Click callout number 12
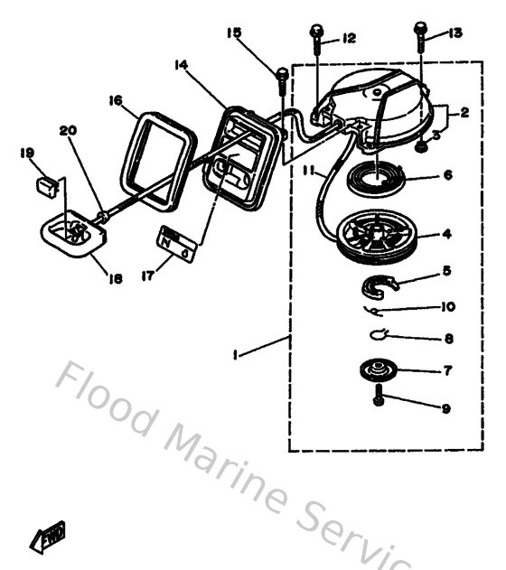point(349,39)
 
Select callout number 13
point(454,33)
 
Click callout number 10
point(446,306)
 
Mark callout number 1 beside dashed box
point(236,358)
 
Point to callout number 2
point(464,114)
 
